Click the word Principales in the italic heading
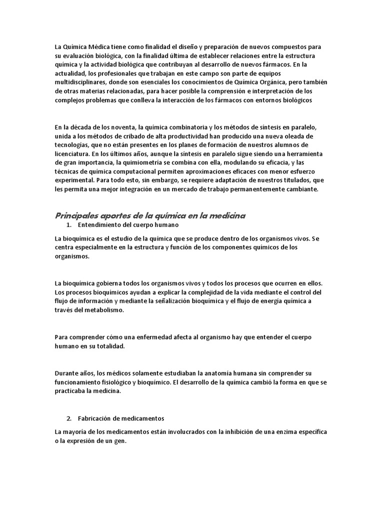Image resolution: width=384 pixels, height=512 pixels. point(78,215)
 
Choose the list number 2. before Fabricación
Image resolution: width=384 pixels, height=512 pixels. point(69,418)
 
